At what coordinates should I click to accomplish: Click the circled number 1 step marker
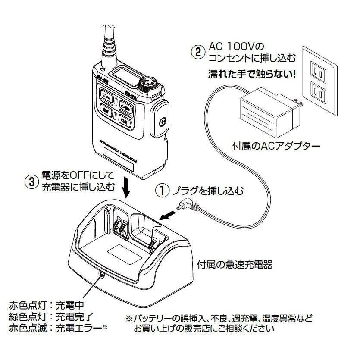[163, 190]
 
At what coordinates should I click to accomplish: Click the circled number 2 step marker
[197, 51]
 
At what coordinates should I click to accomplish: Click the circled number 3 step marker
[31, 182]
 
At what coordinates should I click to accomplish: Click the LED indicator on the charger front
[103, 274]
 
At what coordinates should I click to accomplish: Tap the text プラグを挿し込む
[208, 190]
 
